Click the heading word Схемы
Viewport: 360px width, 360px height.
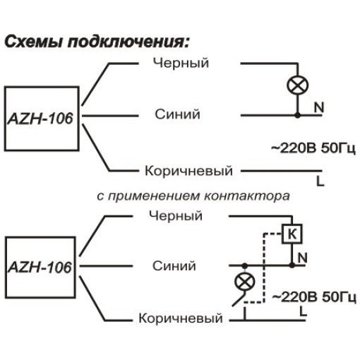pyautogui.click(x=34, y=42)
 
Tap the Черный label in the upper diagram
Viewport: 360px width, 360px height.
pyautogui.click(x=181, y=63)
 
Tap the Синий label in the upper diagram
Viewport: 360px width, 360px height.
pyautogui.click(x=177, y=114)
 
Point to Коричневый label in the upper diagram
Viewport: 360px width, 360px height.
pyautogui.click(x=188, y=171)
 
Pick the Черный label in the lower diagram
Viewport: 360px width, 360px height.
pyautogui.click(x=176, y=215)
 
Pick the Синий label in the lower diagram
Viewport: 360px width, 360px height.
pyautogui.click(x=174, y=266)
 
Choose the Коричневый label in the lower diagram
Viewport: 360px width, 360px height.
pyautogui.click(x=181, y=318)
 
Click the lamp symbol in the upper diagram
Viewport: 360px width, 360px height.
pyautogui.click(x=297, y=85)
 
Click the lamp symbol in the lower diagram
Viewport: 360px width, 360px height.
pyautogui.click(x=245, y=282)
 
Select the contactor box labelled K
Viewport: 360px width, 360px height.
pyautogui.click(x=292, y=234)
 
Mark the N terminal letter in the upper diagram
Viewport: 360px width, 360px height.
pyautogui.click(x=319, y=107)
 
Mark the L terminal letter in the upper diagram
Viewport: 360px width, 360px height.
pyautogui.click(x=320, y=181)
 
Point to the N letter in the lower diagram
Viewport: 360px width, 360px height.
pyautogui.click(x=303, y=258)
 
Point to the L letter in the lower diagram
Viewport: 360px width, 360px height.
pyautogui.click(x=304, y=311)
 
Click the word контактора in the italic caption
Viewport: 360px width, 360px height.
pyautogui.click(x=247, y=196)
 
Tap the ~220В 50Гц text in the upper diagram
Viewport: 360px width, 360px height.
pyautogui.click(x=313, y=148)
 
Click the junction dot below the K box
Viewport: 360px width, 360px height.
pyautogui.click(x=292, y=265)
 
